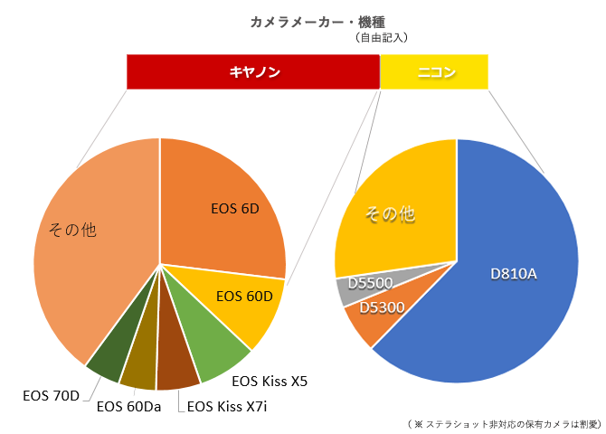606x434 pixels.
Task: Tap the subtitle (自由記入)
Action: tap(383, 38)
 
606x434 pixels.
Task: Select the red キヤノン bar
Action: tap(253, 71)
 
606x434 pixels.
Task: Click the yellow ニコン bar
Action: tap(434, 71)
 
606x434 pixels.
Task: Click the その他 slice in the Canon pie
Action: tap(90, 244)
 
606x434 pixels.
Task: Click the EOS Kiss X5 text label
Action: tap(270, 382)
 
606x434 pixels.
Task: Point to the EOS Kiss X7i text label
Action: tap(227, 407)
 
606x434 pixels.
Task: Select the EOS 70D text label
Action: tap(52, 395)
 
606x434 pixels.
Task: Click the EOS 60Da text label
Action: tap(128, 407)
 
